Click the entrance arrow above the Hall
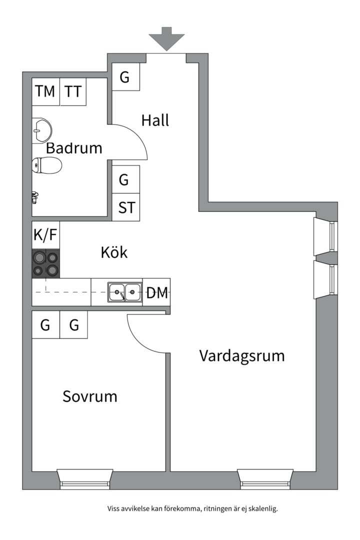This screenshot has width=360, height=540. pos(166,38)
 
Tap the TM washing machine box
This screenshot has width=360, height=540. pos(46,91)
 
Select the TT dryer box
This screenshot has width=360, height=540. pos(73,91)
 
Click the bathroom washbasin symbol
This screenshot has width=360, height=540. pos(41,130)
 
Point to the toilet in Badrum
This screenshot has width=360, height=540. pos(46,165)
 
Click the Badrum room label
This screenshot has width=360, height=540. pos(74,148)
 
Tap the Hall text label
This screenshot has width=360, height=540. pos(155,120)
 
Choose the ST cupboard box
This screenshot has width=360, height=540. pos(126,207)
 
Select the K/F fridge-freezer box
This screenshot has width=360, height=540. pos(45,235)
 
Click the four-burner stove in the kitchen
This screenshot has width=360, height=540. pos(46,263)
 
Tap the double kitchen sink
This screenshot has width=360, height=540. pos(124,292)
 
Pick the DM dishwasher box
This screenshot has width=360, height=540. pos(156,292)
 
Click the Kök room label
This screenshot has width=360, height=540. pos(114,252)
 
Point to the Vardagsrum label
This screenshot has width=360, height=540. pos(242,356)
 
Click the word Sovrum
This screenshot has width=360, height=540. pos(90,396)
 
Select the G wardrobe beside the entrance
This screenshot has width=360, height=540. pos(125,77)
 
